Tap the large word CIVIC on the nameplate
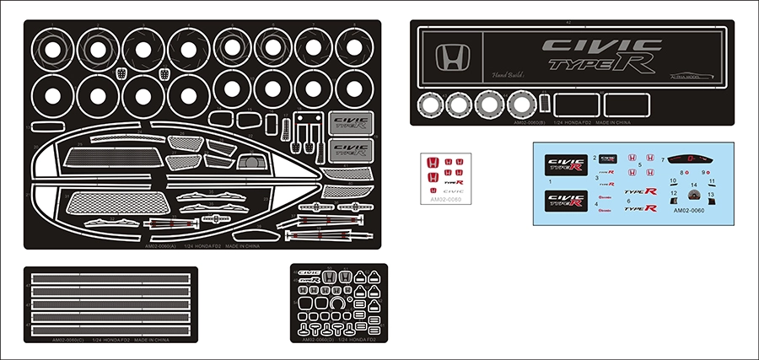pos(590,46)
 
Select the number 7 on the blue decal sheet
pos(663,159)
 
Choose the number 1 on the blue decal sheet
pos(550,181)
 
